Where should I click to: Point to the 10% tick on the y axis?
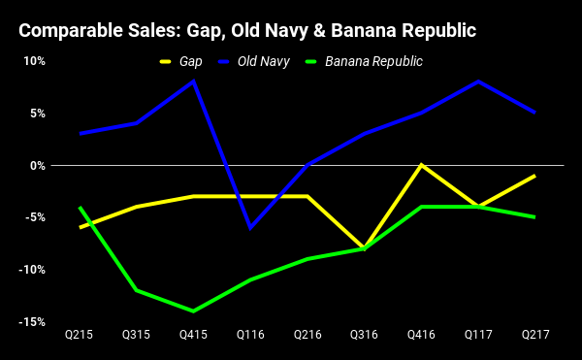[34, 61]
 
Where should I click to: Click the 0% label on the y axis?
[38, 165]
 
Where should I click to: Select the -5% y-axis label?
[35, 217]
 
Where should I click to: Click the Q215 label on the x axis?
[80, 335]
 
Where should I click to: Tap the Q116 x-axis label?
[250, 335]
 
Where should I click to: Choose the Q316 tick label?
[364, 335]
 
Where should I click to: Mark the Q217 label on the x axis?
[534, 335]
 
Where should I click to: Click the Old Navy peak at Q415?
[194, 82]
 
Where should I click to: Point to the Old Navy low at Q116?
[250, 228]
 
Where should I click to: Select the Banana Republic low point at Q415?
[194, 311]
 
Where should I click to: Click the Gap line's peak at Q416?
[421, 165]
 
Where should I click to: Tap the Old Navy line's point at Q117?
[477, 82]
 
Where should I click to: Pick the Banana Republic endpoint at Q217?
[534, 217]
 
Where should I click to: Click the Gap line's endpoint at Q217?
[534, 176]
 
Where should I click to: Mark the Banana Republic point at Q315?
[137, 290]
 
